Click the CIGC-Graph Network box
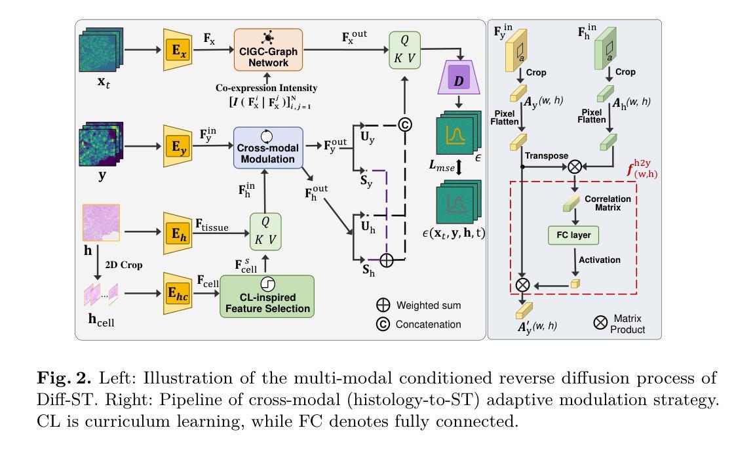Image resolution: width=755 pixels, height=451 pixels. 269,50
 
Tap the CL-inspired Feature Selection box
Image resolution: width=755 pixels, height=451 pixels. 267,298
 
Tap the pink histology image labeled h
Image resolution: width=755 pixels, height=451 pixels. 101,223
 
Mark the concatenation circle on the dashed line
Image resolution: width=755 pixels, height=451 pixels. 405,125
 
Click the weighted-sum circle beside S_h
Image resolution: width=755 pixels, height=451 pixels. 387,261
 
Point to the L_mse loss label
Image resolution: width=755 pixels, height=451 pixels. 443,168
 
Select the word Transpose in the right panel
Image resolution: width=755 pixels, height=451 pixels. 546,156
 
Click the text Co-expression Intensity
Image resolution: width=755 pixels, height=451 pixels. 267,88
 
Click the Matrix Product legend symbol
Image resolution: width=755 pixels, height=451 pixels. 600,322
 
